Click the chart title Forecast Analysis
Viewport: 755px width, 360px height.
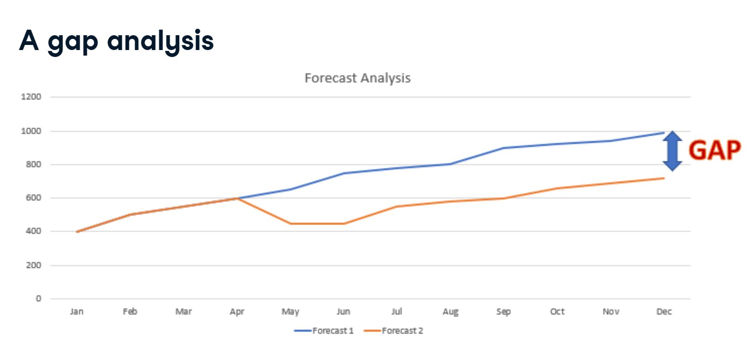[x=357, y=78]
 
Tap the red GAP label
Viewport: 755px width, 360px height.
[x=714, y=151]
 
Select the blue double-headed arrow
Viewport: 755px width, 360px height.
[x=672, y=151]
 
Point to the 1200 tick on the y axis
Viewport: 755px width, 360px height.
[x=31, y=97]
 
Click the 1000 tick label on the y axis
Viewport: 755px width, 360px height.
[x=31, y=131]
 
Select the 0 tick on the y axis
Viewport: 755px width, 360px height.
[x=38, y=299]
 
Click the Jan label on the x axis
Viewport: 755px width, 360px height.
[x=76, y=312]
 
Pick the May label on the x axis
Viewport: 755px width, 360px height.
[x=290, y=312]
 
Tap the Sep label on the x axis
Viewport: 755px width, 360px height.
[x=503, y=312]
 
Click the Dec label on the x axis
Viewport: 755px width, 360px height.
[x=664, y=312]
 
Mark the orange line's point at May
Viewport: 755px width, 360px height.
[x=290, y=224]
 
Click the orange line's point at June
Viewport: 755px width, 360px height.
[x=344, y=224]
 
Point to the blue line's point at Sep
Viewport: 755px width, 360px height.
[x=503, y=148]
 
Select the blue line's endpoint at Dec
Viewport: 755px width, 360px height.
[x=664, y=133]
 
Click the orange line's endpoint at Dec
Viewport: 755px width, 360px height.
[x=664, y=178]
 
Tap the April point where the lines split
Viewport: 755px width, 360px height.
[x=237, y=198]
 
